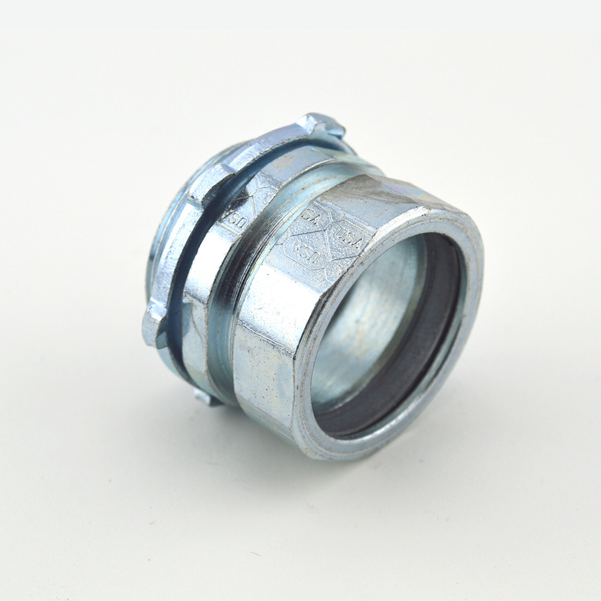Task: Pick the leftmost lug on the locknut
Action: point(154,325)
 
